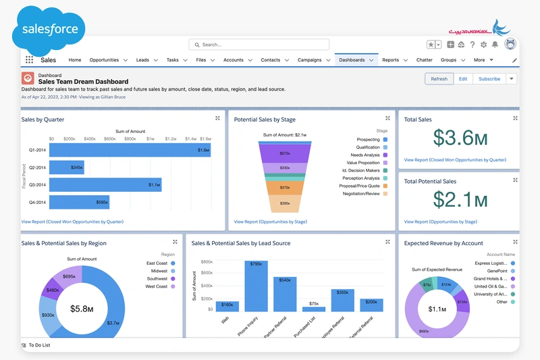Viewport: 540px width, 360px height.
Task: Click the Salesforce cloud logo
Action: pyautogui.click(x=49, y=30)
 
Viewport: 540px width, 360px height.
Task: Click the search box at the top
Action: pyautogui.click(x=259, y=45)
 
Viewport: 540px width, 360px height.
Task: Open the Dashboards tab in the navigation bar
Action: pyautogui.click(x=352, y=60)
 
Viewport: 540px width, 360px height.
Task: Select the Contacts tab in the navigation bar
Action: pyautogui.click(x=271, y=60)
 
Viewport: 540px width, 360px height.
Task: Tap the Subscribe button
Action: pyautogui.click(x=489, y=79)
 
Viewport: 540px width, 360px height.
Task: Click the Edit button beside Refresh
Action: pyautogui.click(x=463, y=79)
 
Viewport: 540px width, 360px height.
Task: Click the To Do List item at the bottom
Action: pyautogui.click(x=38, y=345)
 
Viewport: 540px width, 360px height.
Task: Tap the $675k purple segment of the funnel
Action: pyautogui.click(x=285, y=154)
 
